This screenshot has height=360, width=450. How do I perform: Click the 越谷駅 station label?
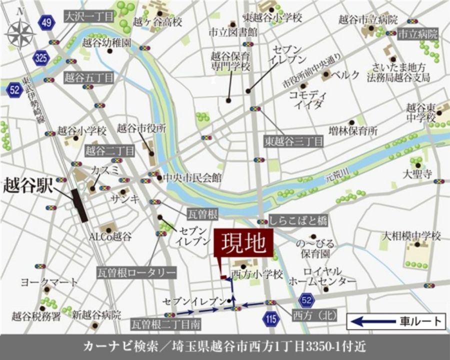pos(27,184)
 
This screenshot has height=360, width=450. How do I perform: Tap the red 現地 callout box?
pos(244,244)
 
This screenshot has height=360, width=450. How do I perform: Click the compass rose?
pos(21,33)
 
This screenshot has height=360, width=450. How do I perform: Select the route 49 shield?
pos(47,22)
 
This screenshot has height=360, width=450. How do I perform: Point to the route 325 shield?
pos(41,58)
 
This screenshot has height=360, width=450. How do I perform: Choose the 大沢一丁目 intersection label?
pos(89,16)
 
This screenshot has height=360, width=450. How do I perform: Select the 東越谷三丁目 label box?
pos(294,141)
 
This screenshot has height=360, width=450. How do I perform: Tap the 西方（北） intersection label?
pos(314,314)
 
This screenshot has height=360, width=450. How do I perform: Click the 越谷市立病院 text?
pos(368,20)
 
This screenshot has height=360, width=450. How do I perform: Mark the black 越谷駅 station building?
pos(79,205)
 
